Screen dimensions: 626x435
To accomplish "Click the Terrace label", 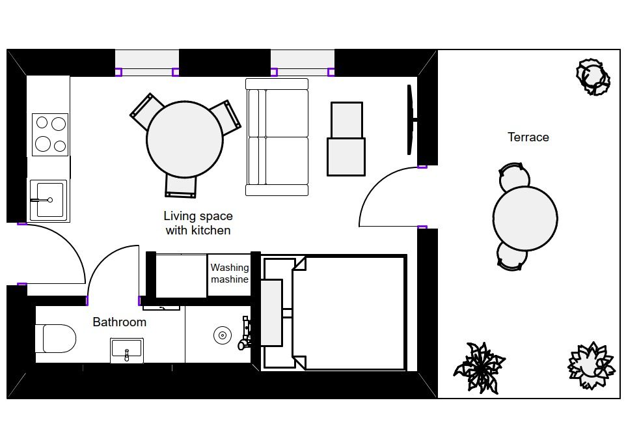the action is pos(528,137).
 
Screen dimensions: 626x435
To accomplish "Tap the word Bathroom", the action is pos(119,322).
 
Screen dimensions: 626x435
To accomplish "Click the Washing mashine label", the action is pos(230,274).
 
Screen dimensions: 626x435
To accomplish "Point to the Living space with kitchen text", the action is pos(198,223).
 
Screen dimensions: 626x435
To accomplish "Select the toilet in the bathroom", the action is pos(55,339).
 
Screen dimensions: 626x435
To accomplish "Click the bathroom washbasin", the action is pos(126,350).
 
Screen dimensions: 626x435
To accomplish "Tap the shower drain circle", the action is pos(223,335).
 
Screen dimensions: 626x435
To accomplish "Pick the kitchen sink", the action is pos(48,200).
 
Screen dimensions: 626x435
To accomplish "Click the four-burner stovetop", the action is pos(50,135).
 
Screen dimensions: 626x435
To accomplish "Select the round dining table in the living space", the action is pos(185,139).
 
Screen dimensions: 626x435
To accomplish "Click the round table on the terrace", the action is pos(525,218).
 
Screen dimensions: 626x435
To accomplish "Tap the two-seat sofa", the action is pos(277,137).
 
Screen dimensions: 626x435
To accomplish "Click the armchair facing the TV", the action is pos(346,139).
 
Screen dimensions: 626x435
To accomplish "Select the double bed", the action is pos(333,313).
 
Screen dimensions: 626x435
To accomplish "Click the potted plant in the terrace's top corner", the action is pos(593,77).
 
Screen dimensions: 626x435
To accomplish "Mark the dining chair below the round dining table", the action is pos(181,186).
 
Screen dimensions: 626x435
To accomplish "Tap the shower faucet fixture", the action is pos(245,332).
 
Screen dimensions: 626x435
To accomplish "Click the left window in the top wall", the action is pos(147,63).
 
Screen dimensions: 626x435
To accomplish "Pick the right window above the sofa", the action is pos(302,63).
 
